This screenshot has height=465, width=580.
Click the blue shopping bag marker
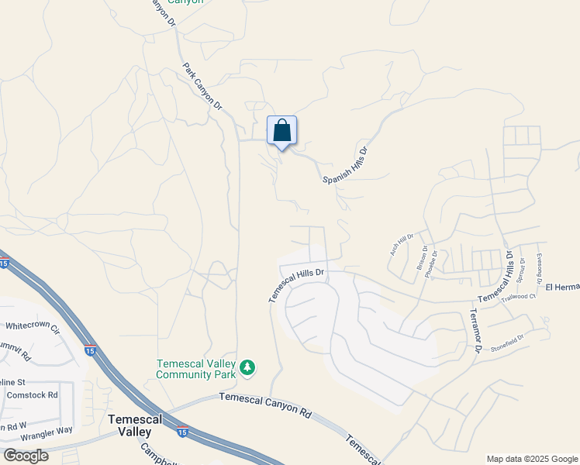[x=282, y=131]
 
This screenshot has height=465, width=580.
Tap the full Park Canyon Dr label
[x=202, y=86]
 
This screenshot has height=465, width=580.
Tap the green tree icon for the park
[x=247, y=367]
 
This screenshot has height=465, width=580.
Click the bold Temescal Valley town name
[x=134, y=425]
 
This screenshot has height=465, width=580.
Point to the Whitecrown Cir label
[x=33, y=328]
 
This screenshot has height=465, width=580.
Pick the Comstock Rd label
[x=32, y=394]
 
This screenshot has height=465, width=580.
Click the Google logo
[x=26, y=455]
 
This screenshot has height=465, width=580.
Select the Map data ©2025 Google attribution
[x=532, y=459]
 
